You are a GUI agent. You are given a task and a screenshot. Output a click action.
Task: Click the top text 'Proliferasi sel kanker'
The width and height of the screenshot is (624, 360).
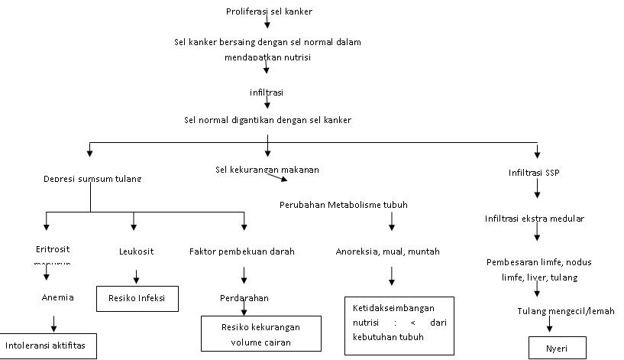(x=269, y=11)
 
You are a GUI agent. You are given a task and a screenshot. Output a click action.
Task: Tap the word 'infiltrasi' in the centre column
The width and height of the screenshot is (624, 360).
(x=267, y=92)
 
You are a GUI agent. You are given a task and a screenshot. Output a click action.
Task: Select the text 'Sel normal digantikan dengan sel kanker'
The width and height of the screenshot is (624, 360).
(x=267, y=120)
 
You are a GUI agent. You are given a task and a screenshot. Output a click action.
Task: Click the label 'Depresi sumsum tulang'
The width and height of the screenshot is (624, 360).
(x=92, y=179)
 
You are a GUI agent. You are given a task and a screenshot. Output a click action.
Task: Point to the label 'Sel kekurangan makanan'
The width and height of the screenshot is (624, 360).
(x=267, y=169)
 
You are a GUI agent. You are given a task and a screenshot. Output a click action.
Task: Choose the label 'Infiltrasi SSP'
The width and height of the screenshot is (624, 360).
(x=534, y=173)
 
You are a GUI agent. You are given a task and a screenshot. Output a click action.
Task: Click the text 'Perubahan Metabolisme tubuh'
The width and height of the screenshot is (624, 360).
(x=343, y=205)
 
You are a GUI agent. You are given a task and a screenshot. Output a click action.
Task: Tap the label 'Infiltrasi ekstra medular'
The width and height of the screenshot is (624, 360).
(x=534, y=219)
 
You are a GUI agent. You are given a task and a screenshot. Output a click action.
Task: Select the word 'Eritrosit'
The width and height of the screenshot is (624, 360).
(x=53, y=249)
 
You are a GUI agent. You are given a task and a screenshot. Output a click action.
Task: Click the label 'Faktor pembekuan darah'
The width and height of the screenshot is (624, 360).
(x=242, y=251)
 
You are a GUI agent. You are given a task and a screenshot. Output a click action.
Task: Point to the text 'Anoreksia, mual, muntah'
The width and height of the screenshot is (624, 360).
(x=388, y=251)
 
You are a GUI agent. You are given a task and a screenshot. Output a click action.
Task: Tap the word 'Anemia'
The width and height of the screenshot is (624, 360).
(x=57, y=297)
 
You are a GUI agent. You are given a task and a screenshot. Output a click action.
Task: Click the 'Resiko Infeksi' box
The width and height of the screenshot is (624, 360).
(x=137, y=298)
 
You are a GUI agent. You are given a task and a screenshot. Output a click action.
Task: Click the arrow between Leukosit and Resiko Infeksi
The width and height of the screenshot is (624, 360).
(x=137, y=275)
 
